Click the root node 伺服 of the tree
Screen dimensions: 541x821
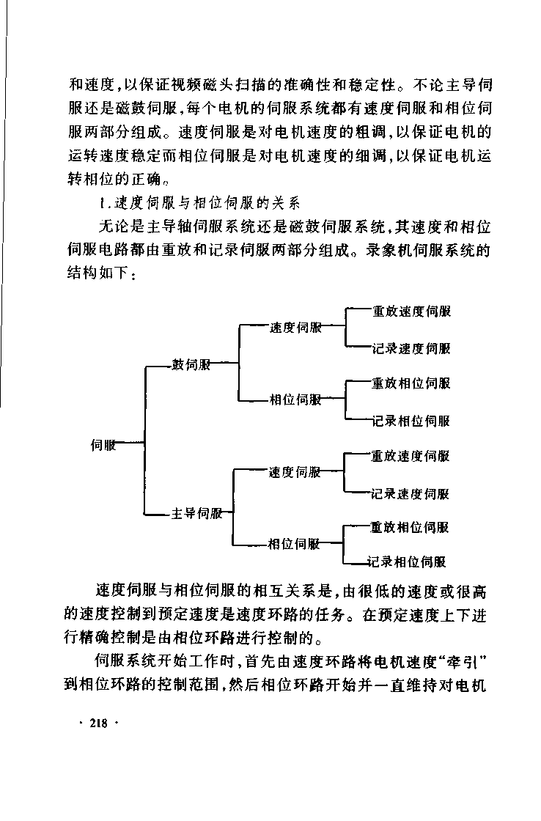click(103, 445)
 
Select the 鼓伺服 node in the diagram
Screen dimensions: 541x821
click(191, 364)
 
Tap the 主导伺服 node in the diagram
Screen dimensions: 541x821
click(197, 513)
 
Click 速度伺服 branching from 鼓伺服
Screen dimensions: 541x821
click(296, 328)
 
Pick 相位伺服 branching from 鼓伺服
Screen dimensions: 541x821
click(295, 400)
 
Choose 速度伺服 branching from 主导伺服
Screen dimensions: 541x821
click(295, 472)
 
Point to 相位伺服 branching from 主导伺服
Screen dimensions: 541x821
click(294, 544)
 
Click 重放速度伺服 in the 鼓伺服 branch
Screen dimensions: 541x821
click(412, 312)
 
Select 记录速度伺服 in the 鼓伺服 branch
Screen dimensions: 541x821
click(412, 349)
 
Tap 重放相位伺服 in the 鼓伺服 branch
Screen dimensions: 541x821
click(411, 383)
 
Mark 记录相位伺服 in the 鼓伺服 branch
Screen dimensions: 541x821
click(411, 421)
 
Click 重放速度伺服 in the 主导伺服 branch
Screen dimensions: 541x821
click(410, 456)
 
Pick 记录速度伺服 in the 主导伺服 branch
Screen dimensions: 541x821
click(410, 494)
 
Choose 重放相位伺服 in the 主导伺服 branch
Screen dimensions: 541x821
click(410, 527)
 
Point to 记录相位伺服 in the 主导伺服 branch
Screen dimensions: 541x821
click(407, 562)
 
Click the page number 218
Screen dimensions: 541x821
click(98, 723)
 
